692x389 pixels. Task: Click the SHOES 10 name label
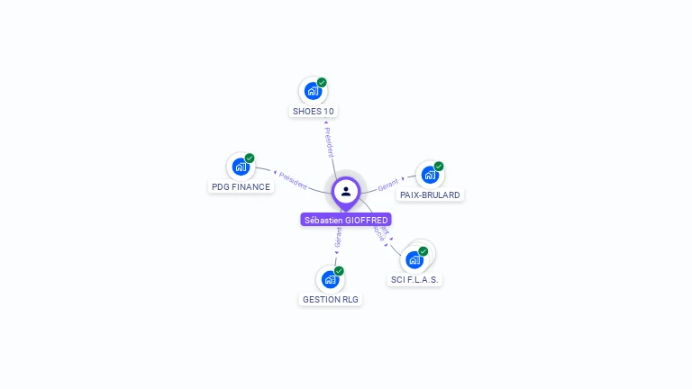[314, 112]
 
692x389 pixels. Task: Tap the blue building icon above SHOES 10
[312, 91]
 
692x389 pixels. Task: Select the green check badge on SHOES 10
[322, 83]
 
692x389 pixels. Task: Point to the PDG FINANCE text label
[241, 187]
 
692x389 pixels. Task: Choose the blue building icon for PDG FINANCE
[240, 167]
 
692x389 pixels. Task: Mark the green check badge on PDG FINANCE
[250, 158]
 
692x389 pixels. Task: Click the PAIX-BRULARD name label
[430, 194]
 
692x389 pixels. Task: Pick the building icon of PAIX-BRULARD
[429, 175]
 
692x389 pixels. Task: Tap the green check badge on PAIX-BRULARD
[439, 167]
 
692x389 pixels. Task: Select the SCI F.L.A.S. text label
[415, 280]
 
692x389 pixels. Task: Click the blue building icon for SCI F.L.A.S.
[414, 260]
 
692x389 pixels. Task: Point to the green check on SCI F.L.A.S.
[423, 251]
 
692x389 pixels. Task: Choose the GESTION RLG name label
[331, 299]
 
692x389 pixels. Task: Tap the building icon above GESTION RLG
[330, 279]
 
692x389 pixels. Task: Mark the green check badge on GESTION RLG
[340, 271]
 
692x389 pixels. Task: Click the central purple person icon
[346, 191]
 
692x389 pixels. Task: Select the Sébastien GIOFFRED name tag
[346, 220]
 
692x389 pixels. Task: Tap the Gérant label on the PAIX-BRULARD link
[388, 184]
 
